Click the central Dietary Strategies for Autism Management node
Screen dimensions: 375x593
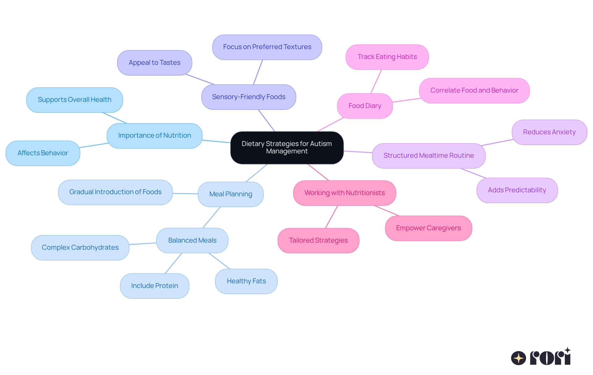287,148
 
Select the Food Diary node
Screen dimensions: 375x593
365,106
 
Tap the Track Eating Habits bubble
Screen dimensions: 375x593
387,57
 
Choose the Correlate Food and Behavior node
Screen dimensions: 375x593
474,90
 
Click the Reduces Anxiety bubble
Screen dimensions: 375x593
549,132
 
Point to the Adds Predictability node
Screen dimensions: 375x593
517,190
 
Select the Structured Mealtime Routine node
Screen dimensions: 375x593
428,156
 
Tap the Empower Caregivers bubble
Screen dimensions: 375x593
428,228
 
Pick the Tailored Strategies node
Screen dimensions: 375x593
318,240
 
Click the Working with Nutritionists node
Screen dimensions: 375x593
344,193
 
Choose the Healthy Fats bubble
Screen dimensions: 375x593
246,281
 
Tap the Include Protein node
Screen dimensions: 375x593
154,286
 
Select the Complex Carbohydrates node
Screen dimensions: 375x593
80,248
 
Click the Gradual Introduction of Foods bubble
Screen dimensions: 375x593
115,192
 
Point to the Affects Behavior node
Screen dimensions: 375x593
43,153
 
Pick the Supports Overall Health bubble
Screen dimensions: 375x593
74,100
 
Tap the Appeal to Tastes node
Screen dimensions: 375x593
154,63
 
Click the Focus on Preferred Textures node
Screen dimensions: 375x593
267,47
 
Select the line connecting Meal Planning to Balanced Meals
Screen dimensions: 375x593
212,217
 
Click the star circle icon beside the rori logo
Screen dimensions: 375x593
518,358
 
